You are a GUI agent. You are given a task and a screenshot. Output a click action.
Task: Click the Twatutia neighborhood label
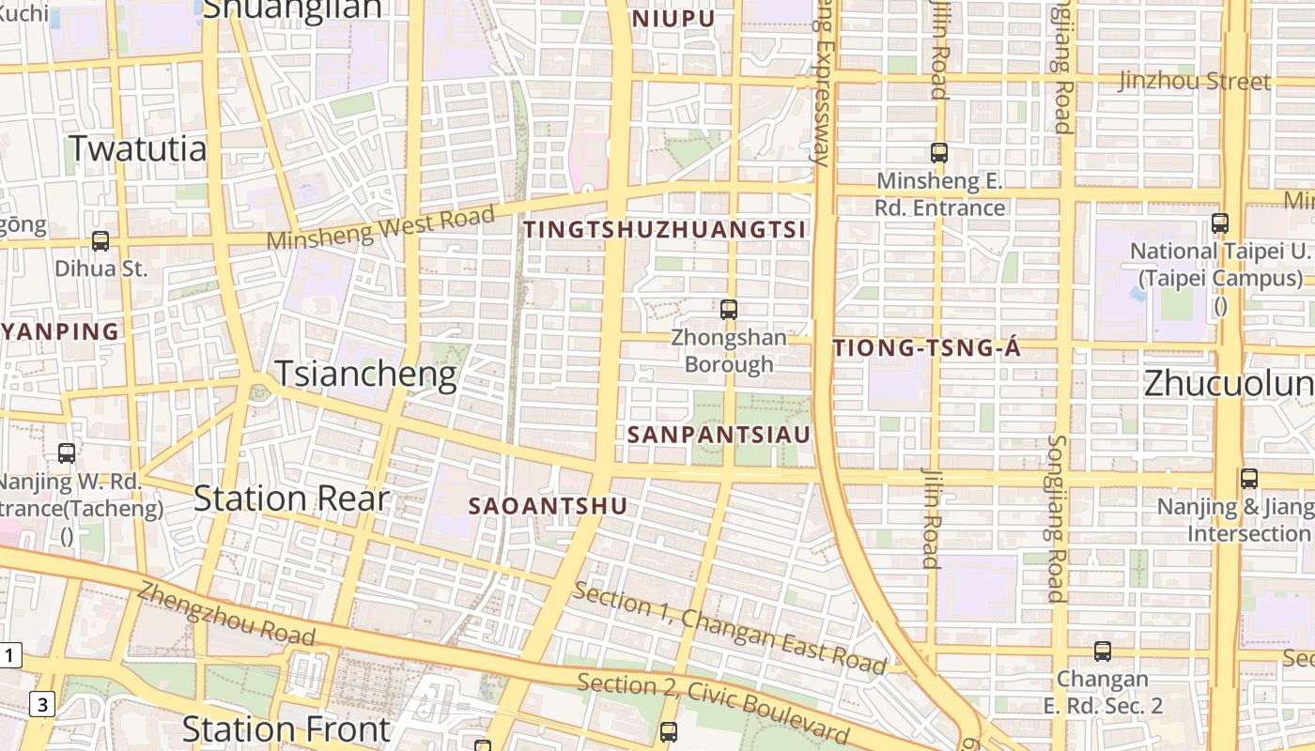click(138, 148)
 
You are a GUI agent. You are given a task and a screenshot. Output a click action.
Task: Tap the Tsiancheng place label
click(365, 375)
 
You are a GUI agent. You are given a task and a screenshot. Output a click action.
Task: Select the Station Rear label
click(291, 498)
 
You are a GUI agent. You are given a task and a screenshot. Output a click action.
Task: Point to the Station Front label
click(286, 728)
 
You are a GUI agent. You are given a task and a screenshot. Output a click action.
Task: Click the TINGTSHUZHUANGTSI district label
click(665, 229)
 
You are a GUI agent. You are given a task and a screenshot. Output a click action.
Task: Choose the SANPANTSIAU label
click(719, 435)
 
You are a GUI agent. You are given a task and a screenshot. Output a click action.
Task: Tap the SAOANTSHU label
click(548, 506)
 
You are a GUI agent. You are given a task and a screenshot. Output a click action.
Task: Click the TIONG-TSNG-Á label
click(926, 348)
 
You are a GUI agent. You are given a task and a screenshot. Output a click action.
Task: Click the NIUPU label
click(673, 18)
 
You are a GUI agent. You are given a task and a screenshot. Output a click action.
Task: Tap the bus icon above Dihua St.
click(101, 241)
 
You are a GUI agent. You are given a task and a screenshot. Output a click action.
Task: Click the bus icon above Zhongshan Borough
click(728, 309)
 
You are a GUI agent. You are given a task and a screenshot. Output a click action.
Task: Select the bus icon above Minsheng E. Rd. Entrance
click(938, 152)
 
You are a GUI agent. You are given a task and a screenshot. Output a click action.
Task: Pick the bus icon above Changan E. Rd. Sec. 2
click(1102, 651)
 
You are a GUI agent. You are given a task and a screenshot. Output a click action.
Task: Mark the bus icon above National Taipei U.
click(1219, 223)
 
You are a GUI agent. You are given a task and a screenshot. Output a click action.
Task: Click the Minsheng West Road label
click(380, 228)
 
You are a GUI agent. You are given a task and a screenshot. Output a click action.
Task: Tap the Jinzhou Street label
click(1194, 81)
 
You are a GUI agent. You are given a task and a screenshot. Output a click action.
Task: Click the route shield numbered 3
click(42, 703)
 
